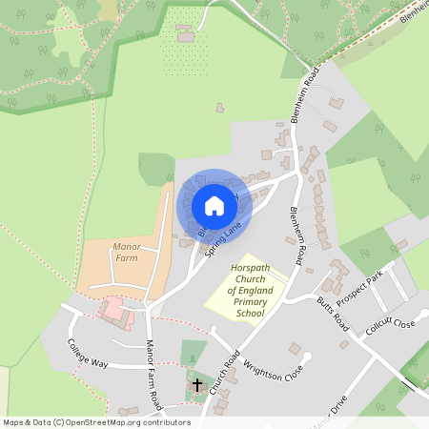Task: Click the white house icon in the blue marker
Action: pyautogui.click(x=214, y=206)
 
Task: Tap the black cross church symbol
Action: pyautogui.click(x=197, y=385)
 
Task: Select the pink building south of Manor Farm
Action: pyautogui.click(x=112, y=309)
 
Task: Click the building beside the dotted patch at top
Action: pyautogui.click(x=185, y=35)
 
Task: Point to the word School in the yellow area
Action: pyautogui.click(x=250, y=313)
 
